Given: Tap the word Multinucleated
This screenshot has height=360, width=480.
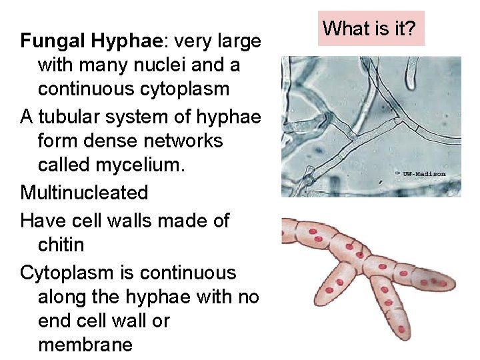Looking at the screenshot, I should [x=84, y=193].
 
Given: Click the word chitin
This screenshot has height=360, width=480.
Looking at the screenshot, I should [x=61, y=245].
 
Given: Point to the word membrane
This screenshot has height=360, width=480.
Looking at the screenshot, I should [x=85, y=345].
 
